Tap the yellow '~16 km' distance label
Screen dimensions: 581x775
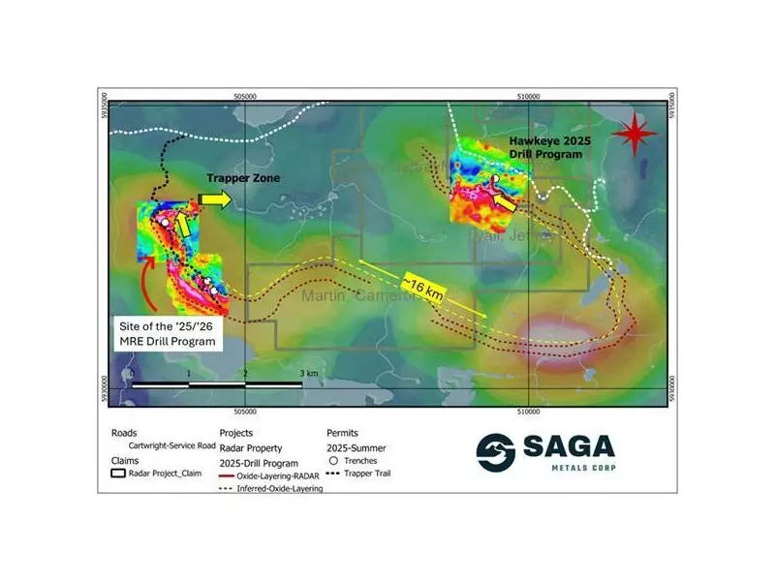(422, 286)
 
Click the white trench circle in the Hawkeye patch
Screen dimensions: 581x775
(494, 180)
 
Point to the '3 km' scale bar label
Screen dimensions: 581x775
(309, 373)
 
